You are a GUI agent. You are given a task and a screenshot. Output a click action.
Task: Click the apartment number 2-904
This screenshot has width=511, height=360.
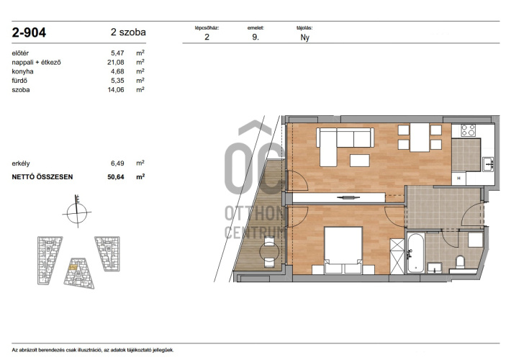tap(29, 32)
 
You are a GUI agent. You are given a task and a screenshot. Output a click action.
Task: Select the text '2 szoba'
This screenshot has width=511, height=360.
tap(128, 32)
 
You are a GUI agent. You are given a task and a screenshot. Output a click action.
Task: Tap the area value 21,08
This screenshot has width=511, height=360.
tap(116, 62)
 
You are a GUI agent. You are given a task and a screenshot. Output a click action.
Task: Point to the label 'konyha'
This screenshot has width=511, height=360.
tap(22, 71)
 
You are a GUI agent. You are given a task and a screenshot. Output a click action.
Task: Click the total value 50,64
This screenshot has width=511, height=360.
tap(116, 176)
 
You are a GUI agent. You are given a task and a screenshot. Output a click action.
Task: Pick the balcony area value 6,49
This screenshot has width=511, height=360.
tap(117, 163)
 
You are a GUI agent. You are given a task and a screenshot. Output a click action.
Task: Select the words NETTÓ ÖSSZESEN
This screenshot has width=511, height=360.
tap(42, 176)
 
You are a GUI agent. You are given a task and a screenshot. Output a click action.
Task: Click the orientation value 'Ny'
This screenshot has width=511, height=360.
tap(304, 37)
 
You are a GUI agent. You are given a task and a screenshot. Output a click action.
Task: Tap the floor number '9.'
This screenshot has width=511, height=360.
tap(256, 37)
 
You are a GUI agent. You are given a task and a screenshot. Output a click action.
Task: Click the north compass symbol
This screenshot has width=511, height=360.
tap(77, 211)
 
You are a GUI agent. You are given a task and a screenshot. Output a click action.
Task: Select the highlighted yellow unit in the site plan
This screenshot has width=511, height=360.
tap(73, 267)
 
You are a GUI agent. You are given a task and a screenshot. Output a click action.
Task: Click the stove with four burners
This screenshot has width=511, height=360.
tap(469, 130)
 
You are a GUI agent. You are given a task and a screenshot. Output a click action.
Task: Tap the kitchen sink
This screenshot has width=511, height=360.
tap(488, 164)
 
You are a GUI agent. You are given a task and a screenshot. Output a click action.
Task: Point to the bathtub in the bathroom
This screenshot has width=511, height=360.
tap(415, 253)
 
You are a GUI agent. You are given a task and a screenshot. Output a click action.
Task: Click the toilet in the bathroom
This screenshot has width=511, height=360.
tap(460, 261)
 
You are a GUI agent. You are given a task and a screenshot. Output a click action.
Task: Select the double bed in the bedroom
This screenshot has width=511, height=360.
tap(343, 250)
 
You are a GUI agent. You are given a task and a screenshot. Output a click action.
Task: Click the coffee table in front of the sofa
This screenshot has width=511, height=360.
tap(360, 161)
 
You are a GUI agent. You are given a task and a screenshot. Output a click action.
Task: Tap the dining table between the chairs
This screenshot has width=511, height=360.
tap(420, 138)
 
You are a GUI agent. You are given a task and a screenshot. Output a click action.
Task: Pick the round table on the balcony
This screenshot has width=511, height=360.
tap(269, 251)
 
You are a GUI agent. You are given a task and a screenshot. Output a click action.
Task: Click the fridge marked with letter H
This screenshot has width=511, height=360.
tap(458, 179)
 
